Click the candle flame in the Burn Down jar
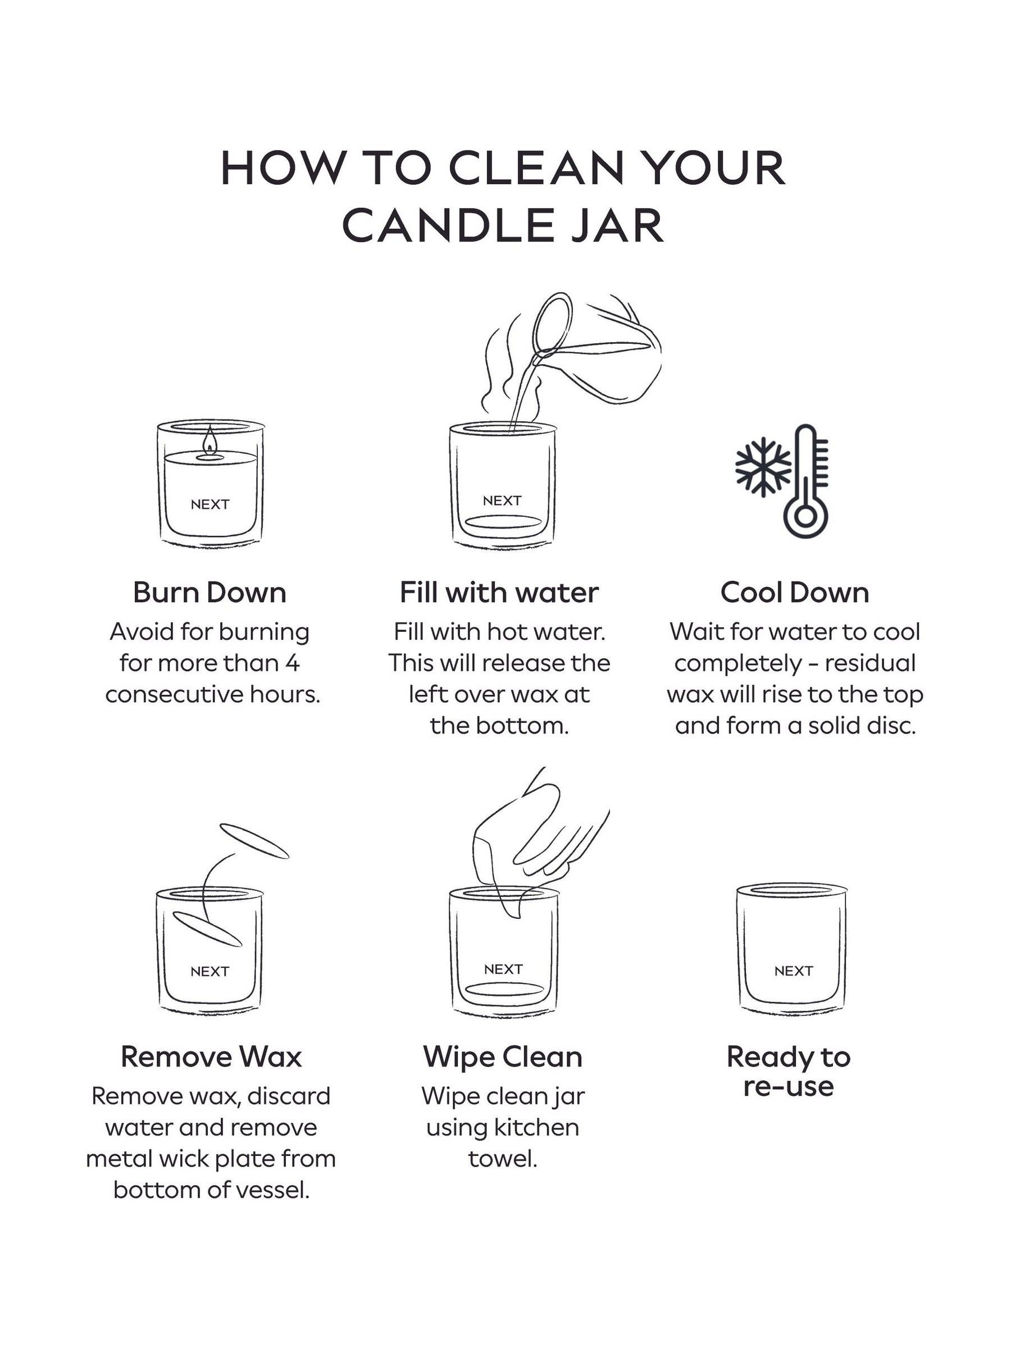click(209, 440)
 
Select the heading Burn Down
click(209, 593)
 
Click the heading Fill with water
click(499, 593)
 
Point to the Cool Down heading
click(794, 593)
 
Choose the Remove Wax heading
click(211, 1056)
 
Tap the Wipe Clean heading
click(503, 1056)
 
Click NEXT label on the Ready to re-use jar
click(793, 971)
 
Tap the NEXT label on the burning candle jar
click(210, 504)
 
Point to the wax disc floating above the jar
click(253, 841)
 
